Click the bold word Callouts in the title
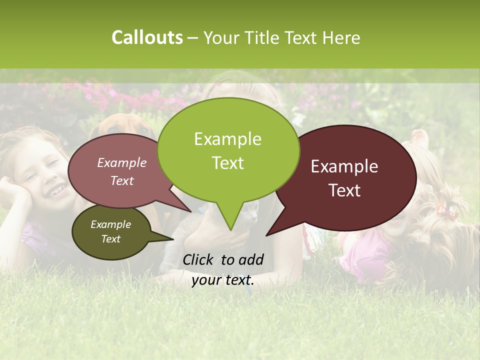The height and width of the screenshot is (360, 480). coord(147,37)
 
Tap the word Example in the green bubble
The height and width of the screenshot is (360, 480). coord(227,139)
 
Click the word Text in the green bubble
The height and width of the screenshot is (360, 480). coord(227,163)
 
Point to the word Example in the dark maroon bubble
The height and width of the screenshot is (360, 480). coord(344,166)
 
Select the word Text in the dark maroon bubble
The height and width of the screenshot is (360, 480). coord(344,190)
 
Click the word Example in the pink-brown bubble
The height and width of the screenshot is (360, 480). coord(122,163)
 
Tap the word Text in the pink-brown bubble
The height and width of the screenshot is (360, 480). coord(122,181)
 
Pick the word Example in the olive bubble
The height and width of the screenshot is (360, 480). coord(110,224)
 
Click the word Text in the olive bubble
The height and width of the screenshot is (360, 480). coord(110,239)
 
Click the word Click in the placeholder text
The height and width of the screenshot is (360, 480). coord(199,259)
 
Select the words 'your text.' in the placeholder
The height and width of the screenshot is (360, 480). coord(223,280)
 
